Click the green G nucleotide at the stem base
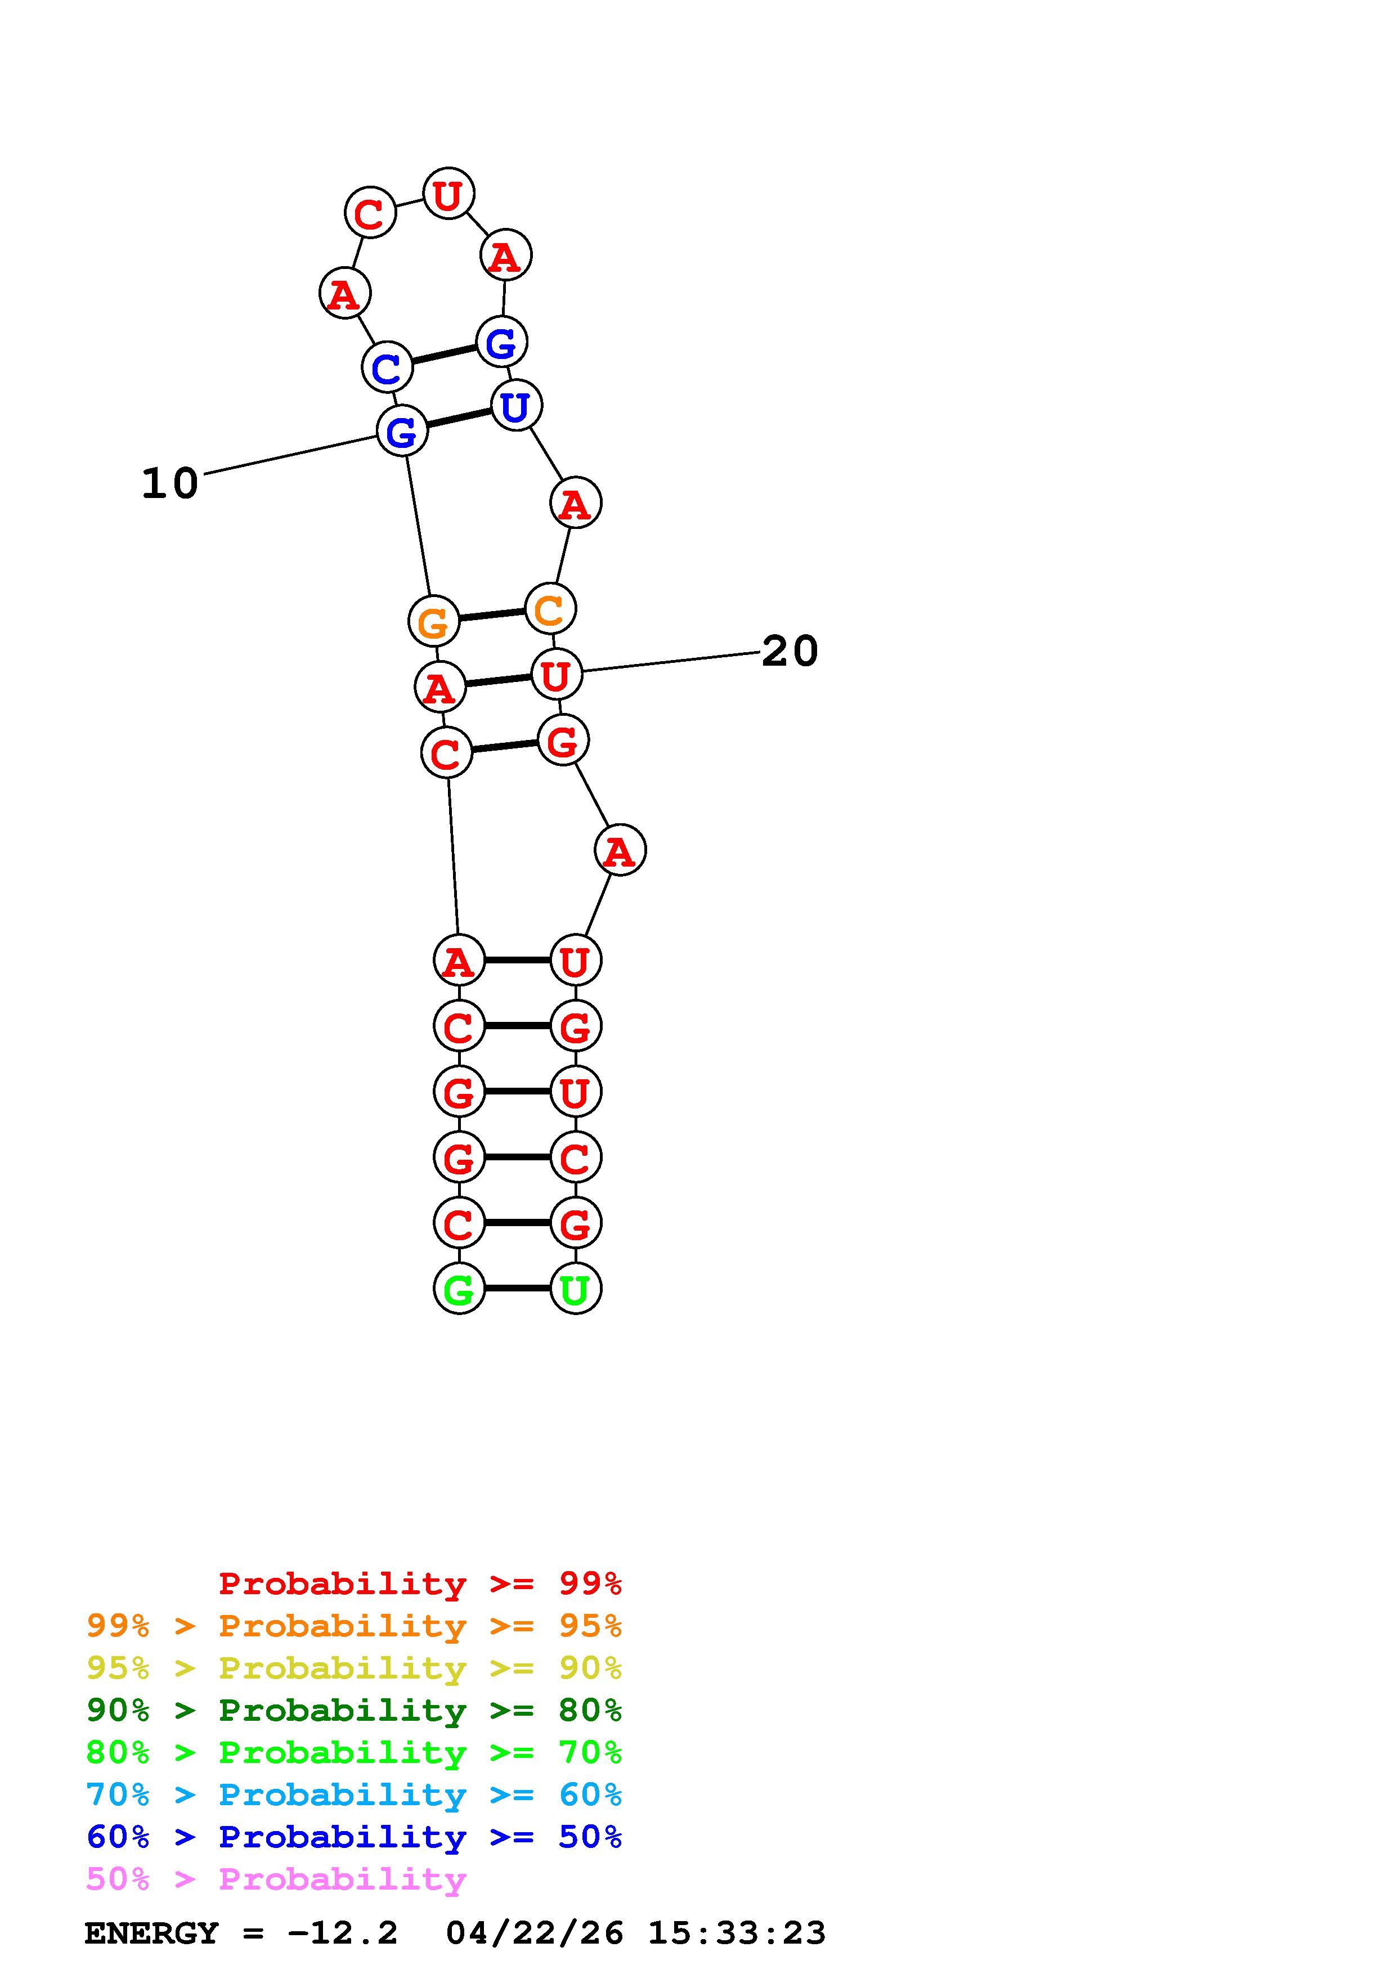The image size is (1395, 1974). (459, 1288)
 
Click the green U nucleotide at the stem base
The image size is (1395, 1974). (575, 1288)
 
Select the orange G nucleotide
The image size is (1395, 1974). (433, 621)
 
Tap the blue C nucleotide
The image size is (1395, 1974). (387, 367)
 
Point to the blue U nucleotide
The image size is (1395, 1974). (515, 405)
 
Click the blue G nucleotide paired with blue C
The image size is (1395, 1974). (501, 342)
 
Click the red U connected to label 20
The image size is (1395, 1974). (556, 674)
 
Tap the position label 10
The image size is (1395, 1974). (170, 483)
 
